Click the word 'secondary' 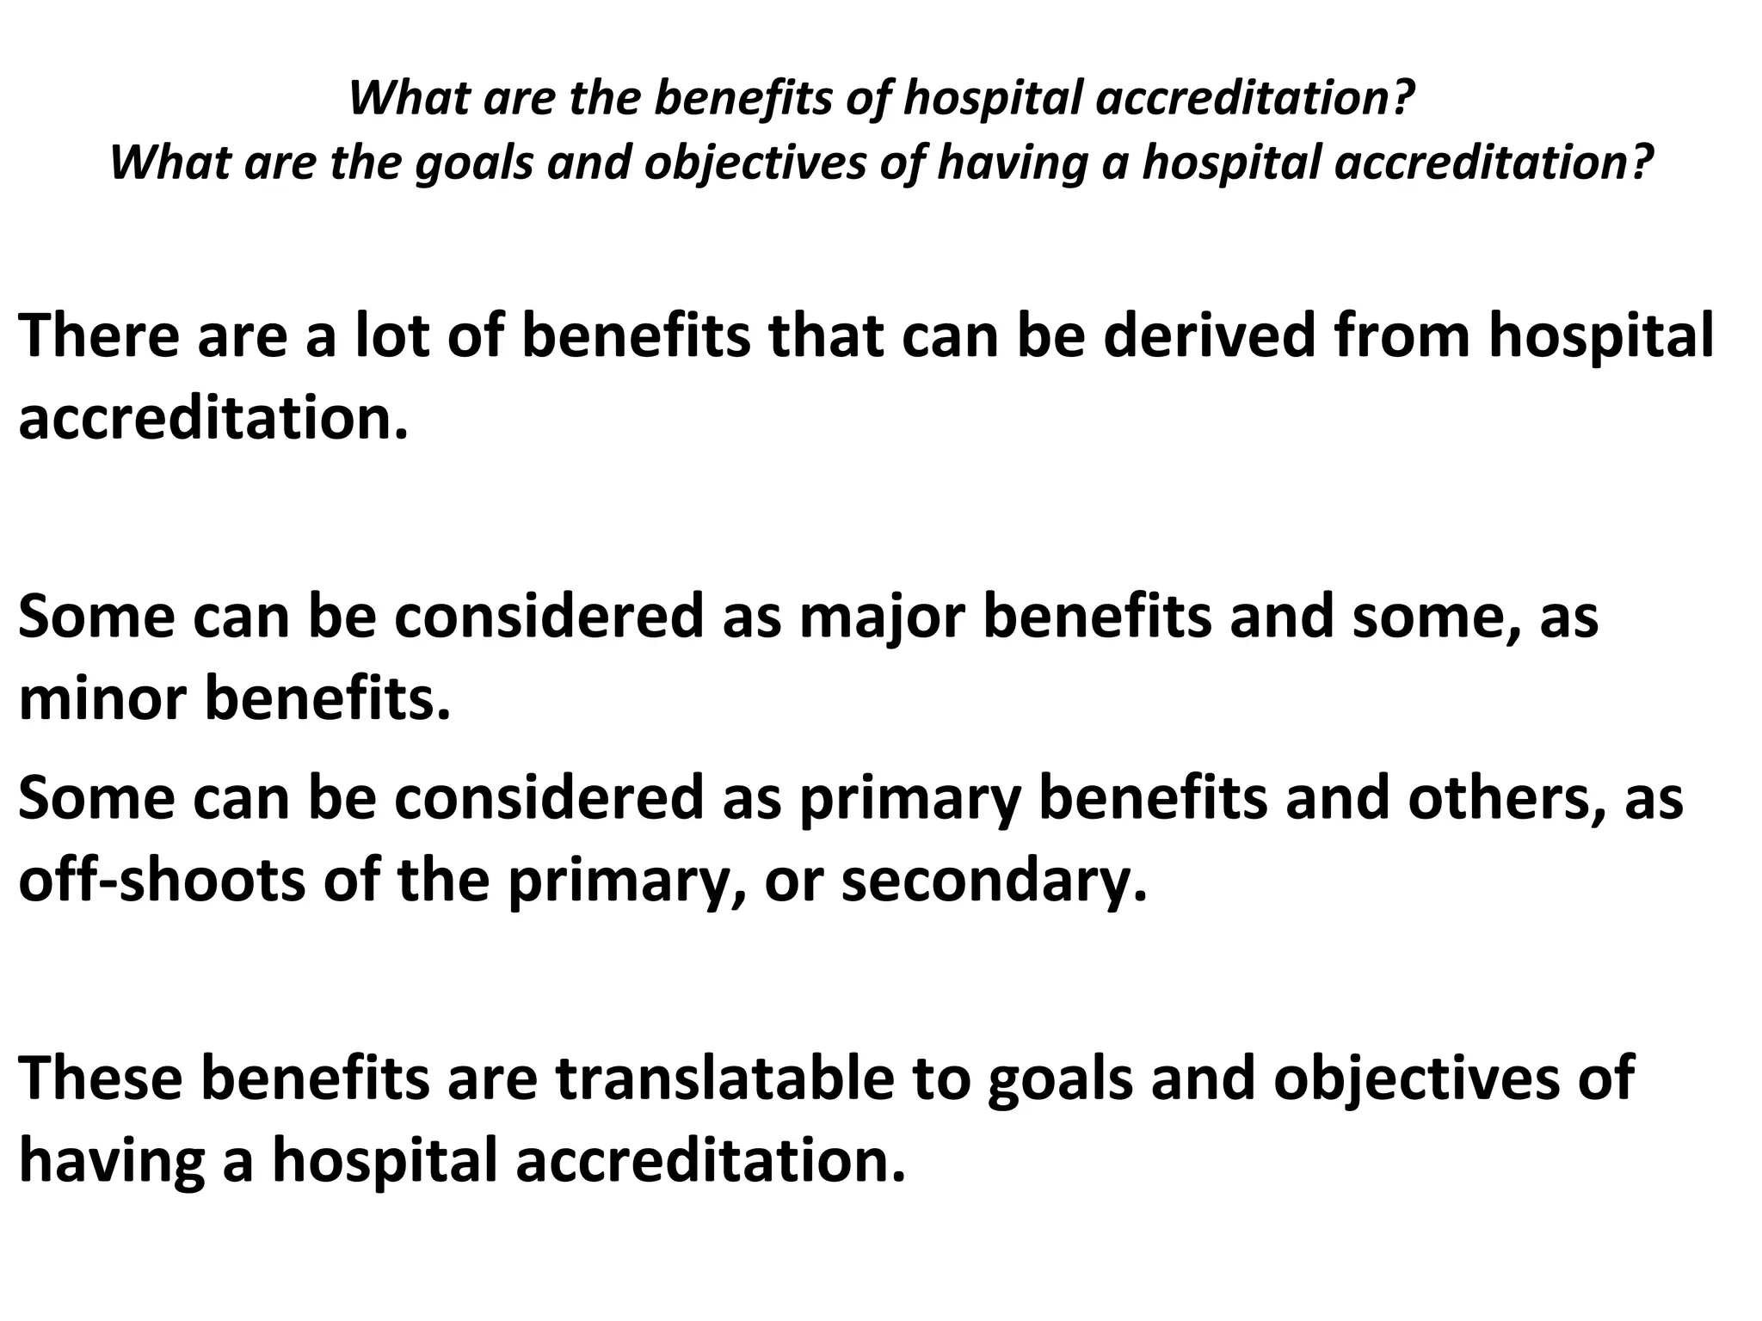[x=993, y=882]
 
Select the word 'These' [x=100, y=1078]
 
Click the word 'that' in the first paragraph [x=827, y=336]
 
